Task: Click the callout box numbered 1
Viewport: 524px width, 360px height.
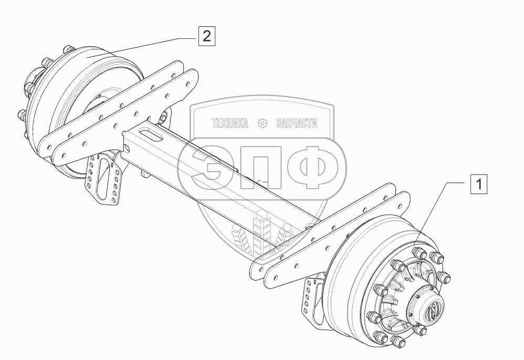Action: [x=479, y=185]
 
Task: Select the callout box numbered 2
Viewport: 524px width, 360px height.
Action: [x=207, y=36]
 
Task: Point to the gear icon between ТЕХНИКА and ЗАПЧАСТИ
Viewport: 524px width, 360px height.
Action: [x=263, y=124]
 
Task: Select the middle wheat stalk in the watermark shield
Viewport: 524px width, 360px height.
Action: [x=261, y=231]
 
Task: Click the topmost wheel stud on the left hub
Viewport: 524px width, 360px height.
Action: [x=67, y=50]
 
